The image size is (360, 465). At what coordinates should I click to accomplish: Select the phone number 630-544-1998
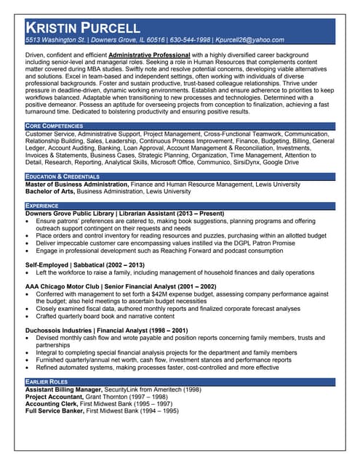191,40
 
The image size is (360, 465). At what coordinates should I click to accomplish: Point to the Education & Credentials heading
62,177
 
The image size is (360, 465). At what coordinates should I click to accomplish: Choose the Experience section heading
41,206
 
